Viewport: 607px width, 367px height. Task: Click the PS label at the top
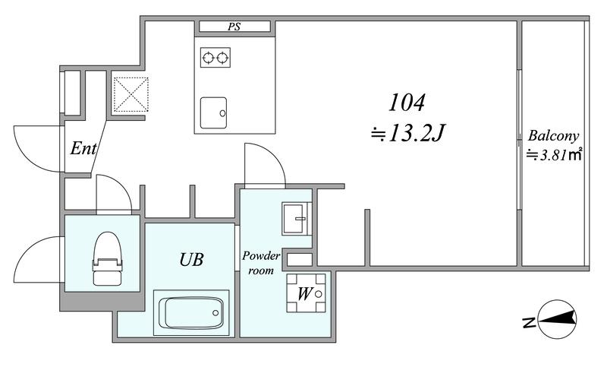pyautogui.click(x=234, y=27)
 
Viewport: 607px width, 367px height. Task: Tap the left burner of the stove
pyautogui.click(x=208, y=59)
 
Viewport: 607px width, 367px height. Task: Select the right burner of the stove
pyautogui.click(x=222, y=59)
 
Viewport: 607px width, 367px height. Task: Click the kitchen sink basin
pyautogui.click(x=213, y=112)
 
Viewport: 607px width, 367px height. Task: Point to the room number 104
pyautogui.click(x=407, y=103)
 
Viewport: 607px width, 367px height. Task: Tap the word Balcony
pyautogui.click(x=554, y=137)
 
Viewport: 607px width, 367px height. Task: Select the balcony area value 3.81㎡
pyautogui.click(x=555, y=156)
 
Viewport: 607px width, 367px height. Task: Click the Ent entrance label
pyautogui.click(x=83, y=148)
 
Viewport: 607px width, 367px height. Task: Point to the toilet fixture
pyautogui.click(x=107, y=258)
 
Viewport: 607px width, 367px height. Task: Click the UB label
pyautogui.click(x=192, y=260)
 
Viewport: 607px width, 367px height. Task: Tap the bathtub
pyautogui.click(x=191, y=312)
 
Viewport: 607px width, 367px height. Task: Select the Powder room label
pyautogui.click(x=261, y=263)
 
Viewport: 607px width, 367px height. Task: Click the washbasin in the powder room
pyautogui.click(x=297, y=219)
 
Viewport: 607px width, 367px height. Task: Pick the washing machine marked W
pyautogui.click(x=306, y=293)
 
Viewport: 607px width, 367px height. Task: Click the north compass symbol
pyautogui.click(x=558, y=319)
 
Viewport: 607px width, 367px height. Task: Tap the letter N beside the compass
pyautogui.click(x=528, y=322)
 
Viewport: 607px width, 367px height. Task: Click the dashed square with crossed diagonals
pyautogui.click(x=131, y=94)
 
